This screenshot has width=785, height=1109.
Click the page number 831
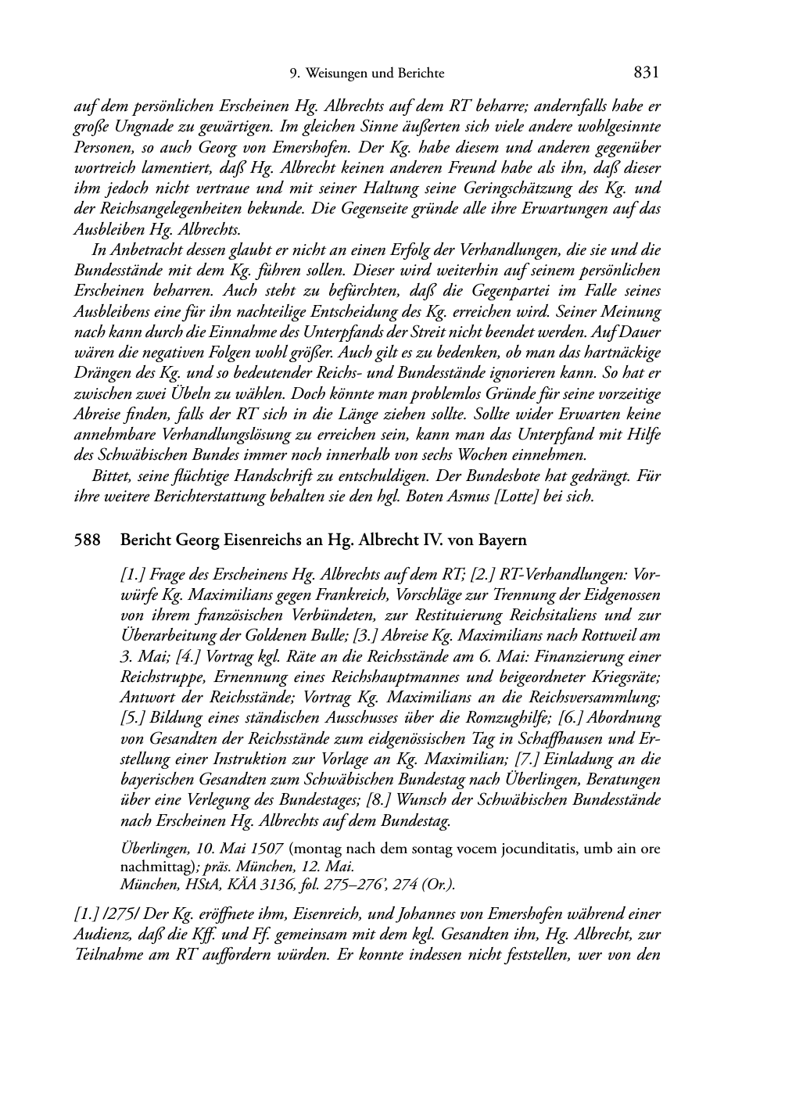(647, 73)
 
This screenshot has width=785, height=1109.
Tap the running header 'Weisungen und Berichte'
(375, 74)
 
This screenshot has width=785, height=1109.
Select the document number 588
(86, 540)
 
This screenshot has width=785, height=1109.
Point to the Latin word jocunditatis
(504, 849)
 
